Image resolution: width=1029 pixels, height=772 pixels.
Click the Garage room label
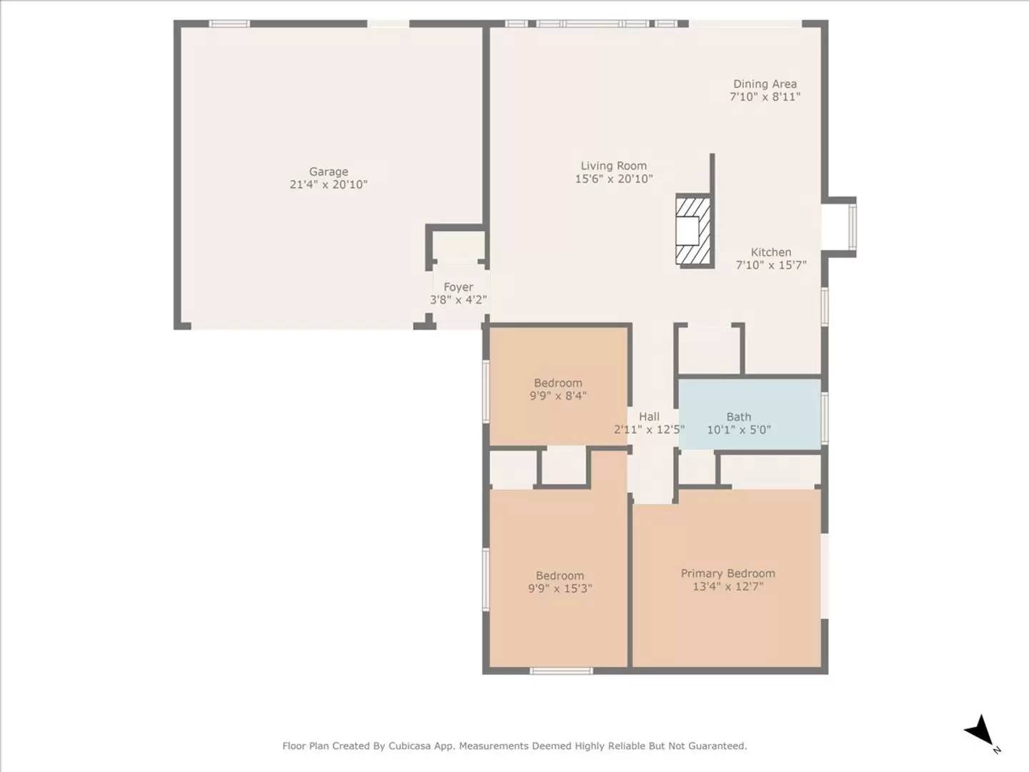(x=329, y=172)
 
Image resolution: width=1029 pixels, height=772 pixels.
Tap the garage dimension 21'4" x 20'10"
(x=329, y=184)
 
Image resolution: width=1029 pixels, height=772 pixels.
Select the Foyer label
(x=458, y=287)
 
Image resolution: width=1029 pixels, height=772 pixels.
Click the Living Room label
(x=613, y=166)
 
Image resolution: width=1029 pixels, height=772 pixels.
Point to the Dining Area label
(x=765, y=84)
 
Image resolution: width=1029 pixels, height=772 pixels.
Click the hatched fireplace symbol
(x=693, y=230)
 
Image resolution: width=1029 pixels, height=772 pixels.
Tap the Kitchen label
(x=771, y=252)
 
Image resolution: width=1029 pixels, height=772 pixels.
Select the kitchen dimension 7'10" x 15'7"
(x=771, y=265)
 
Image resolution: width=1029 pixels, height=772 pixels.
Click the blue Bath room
(x=748, y=415)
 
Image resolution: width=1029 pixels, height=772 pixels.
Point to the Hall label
(x=649, y=417)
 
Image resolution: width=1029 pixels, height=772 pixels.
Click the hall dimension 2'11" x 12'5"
(x=649, y=430)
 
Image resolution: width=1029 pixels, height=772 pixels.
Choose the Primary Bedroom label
(x=727, y=573)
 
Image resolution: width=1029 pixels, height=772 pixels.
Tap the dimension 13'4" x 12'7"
(x=727, y=587)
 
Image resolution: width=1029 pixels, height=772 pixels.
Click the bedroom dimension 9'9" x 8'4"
(x=558, y=396)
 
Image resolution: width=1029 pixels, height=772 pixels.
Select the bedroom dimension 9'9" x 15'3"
(x=560, y=589)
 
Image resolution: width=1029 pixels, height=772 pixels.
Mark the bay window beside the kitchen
(x=849, y=225)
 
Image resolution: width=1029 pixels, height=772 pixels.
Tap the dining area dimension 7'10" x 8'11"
(x=765, y=97)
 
